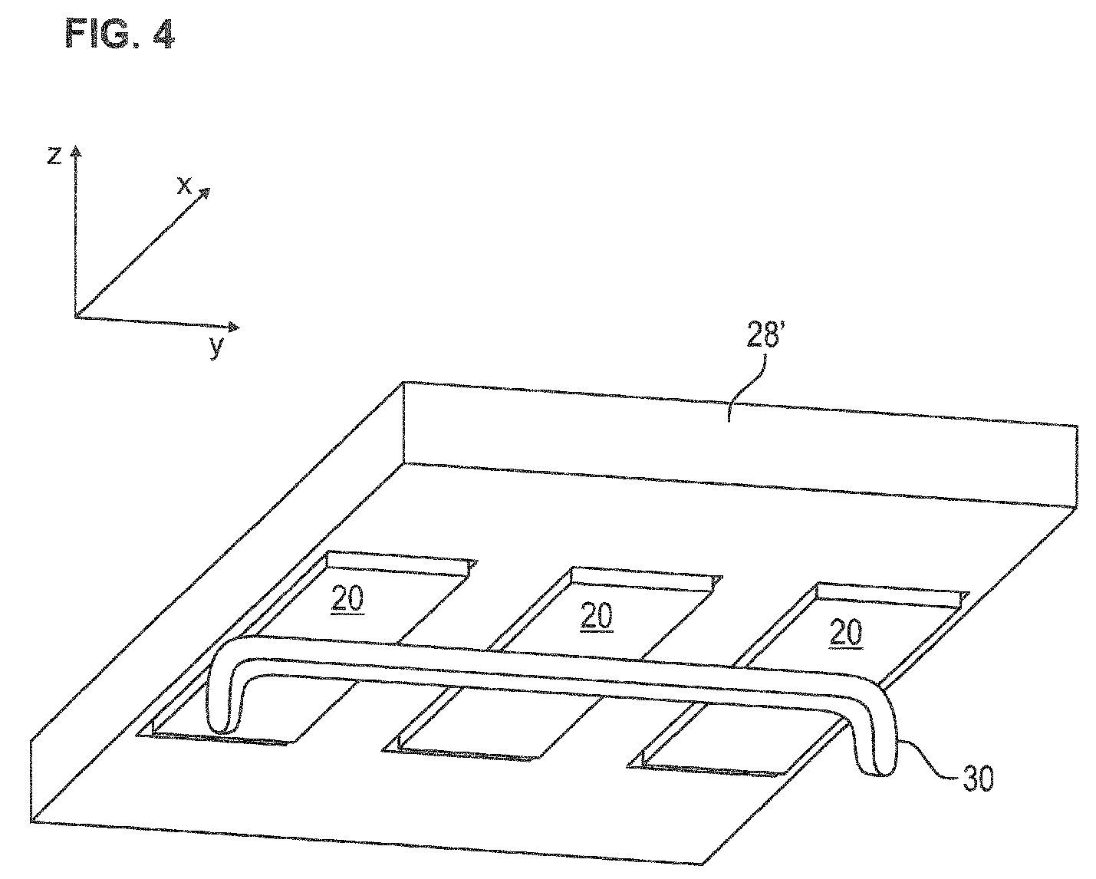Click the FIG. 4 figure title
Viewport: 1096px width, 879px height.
pos(120,34)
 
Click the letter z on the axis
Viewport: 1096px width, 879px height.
pos(54,156)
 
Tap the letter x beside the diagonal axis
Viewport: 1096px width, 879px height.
pos(184,186)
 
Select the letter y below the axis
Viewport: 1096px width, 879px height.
pos(217,347)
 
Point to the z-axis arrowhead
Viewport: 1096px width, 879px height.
pos(76,151)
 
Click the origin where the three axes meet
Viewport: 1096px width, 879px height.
pos(75,317)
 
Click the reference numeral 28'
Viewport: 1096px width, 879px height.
pos(762,334)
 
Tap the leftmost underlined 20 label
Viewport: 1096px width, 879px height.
pos(348,598)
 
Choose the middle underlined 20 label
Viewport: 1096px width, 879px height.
pos(597,616)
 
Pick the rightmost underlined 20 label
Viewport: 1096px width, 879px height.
pos(846,632)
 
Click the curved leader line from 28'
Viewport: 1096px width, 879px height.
pos(746,387)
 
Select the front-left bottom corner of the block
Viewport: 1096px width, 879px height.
pos(31,821)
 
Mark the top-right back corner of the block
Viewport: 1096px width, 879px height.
pos(1077,425)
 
